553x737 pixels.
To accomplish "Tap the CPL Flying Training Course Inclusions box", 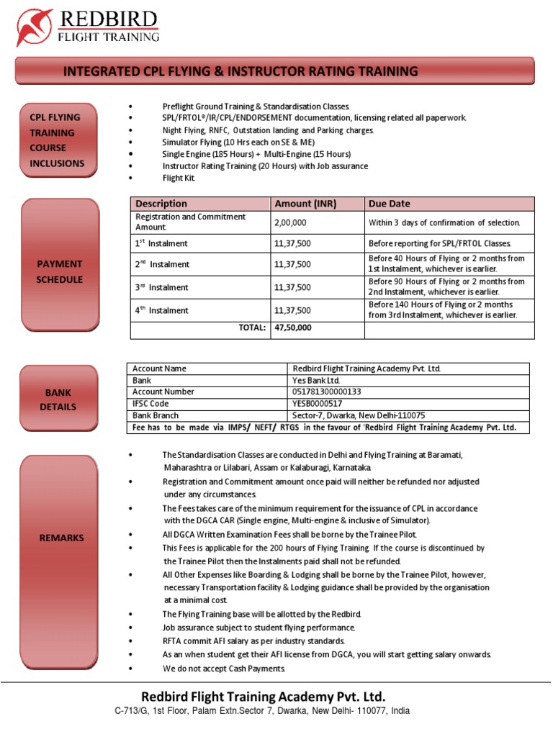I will [57, 140].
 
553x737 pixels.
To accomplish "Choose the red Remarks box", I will [61, 538].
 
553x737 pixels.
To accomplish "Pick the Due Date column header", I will [390, 204].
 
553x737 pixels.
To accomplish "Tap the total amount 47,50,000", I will [293, 327].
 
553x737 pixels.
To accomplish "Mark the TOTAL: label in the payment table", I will [253, 327].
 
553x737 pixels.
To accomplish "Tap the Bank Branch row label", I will [156, 415].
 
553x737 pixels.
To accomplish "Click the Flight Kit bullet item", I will [179, 178].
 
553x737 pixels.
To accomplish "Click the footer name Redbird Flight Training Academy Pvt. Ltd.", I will [264, 696].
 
